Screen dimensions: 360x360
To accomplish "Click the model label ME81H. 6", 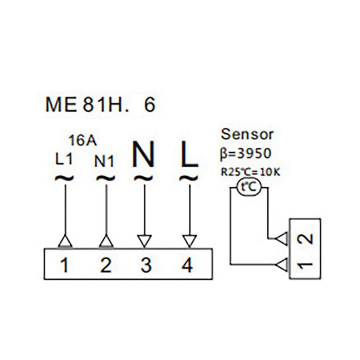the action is [100, 105].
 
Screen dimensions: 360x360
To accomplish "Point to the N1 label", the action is [104, 161].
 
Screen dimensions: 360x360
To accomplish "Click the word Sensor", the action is [247, 135].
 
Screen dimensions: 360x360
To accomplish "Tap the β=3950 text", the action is [245, 153].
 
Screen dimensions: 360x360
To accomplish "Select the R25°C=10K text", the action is [250, 172].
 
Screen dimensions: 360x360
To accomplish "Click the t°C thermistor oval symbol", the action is [249, 188].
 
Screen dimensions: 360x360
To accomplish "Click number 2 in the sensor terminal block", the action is [305, 239].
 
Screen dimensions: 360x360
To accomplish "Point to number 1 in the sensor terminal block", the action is [305, 265].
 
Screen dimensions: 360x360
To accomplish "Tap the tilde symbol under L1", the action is [64, 178].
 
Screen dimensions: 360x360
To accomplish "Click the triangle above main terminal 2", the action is [106, 241].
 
